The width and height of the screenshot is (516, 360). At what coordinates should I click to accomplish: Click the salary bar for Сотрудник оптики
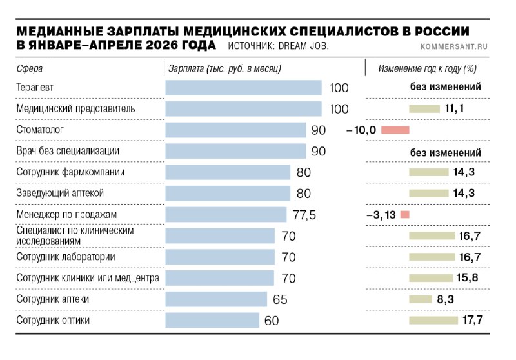[x=212, y=320]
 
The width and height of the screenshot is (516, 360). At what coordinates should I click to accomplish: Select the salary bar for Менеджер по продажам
[x=226, y=215]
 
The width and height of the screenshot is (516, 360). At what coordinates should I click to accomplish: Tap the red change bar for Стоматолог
[x=395, y=130]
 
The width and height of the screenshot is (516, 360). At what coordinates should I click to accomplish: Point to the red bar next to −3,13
[x=405, y=215]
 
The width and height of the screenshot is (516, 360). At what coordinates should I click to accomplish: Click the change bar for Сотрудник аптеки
[x=421, y=299]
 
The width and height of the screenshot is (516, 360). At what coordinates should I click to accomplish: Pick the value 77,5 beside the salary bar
[x=304, y=215]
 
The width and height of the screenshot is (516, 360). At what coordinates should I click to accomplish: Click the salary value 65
[x=280, y=299]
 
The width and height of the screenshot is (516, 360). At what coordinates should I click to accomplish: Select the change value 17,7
[x=473, y=320]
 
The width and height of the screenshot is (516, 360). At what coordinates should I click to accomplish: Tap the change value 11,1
[x=454, y=108]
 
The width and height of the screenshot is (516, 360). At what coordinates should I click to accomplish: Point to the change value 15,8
[x=467, y=277]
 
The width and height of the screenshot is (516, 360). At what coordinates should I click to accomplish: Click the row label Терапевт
[x=35, y=88]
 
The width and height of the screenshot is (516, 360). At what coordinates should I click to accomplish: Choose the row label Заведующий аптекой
[x=60, y=193]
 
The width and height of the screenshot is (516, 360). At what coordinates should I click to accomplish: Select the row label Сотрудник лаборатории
[x=66, y=257]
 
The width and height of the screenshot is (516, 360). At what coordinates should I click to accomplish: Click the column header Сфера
[x=30, y=68]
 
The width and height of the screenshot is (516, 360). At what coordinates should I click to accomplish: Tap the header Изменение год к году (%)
[x=428, y=68]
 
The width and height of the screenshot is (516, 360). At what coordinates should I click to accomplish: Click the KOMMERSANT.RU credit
[x=454, y=46]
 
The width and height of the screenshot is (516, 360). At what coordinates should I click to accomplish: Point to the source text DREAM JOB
[x=303, y=46]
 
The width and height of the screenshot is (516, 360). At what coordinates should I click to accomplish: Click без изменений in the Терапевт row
[x=446, y=87]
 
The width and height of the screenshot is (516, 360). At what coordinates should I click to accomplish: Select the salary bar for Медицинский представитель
[x=244, y=109]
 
